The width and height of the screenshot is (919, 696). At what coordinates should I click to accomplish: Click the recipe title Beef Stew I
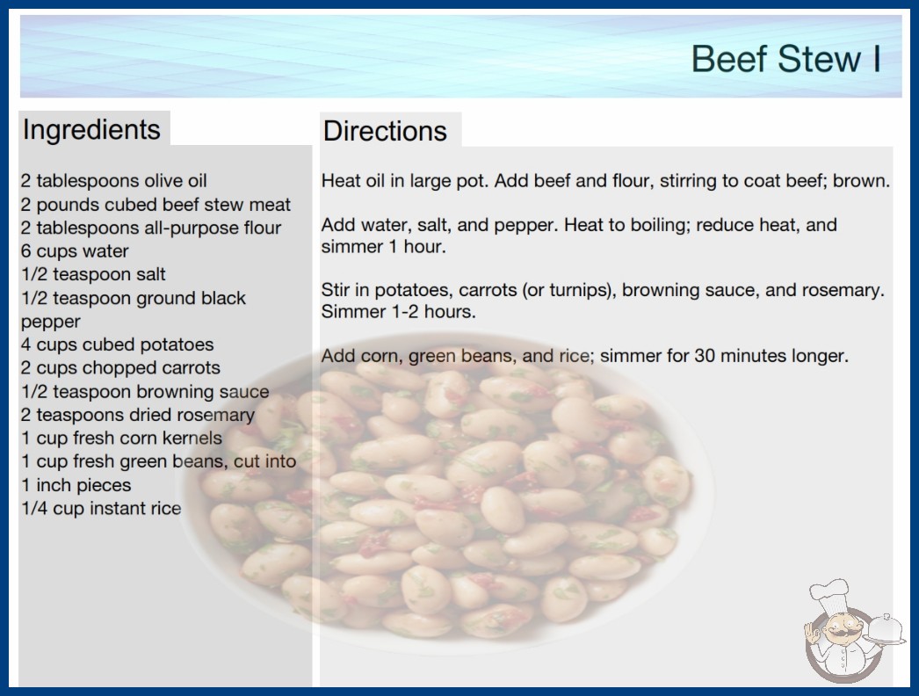pos(786,59)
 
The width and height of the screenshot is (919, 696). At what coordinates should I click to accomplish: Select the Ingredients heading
pos(91,129)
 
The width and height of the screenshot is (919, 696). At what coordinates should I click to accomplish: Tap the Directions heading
pos(385,131)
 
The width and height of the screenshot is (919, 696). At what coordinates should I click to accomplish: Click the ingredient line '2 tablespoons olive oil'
pos(113,181)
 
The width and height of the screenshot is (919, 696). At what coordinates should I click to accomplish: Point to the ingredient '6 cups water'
pos(75,251)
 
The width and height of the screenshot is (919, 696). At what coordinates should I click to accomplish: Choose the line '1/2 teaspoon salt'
pos(93,274)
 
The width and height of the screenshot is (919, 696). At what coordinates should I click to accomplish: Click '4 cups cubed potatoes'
pos(117,344)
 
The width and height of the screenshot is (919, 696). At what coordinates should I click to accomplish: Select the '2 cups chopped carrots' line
pos(120,367)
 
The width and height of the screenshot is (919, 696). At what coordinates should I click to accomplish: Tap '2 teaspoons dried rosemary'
pos(138,415)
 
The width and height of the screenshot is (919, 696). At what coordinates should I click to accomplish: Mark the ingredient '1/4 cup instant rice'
pos(101,508)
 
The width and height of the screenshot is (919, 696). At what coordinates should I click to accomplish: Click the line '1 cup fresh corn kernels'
pos(122,438)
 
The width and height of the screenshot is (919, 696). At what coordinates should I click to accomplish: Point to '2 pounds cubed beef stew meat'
pos(156,205)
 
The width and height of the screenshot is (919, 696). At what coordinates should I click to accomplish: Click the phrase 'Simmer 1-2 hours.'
pos(399,311)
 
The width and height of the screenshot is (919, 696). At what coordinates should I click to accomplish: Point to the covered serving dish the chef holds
pos(886,629)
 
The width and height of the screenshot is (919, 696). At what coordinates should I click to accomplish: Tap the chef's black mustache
pos(842,632)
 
